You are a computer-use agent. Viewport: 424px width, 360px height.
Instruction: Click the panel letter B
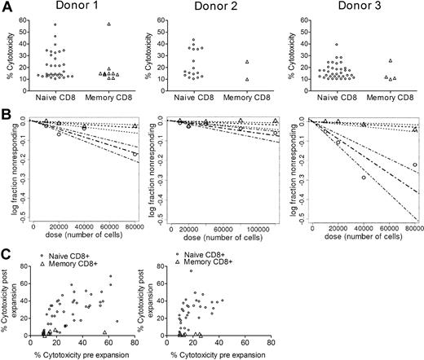(7, 117)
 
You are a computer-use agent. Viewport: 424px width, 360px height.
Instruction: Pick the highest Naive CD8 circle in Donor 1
(55, 24)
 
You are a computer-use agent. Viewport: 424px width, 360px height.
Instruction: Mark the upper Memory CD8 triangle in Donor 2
(245, 62)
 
